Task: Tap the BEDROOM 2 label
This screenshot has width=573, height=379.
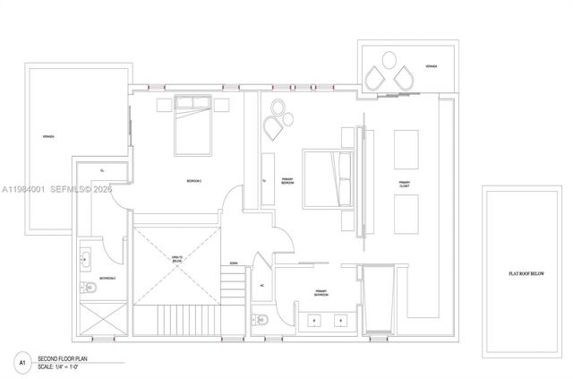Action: (194, 182)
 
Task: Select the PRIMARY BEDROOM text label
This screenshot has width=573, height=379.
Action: (287, 180)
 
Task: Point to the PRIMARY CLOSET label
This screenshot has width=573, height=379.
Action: (406, 183)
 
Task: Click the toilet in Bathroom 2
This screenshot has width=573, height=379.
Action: (88, 289)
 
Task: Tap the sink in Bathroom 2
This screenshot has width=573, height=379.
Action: (87, 261)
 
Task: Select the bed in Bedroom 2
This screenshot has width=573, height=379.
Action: (192, 125)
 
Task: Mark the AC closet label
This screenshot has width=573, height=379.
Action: (261, 286)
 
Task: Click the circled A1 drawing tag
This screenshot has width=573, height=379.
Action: (22, 363)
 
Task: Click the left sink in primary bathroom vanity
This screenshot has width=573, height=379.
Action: (315, 319)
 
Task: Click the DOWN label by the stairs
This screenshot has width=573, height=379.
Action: (233, 263)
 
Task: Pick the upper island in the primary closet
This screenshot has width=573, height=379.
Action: (406, 149)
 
